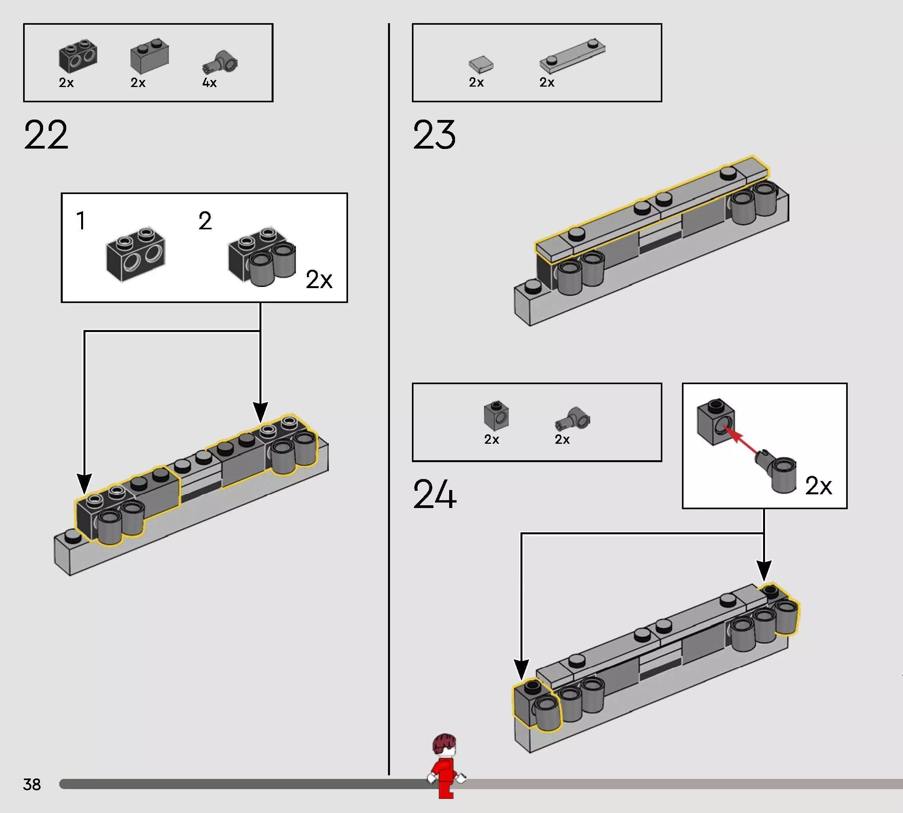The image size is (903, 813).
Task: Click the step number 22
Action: coord(46,134)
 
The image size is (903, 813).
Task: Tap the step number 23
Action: coord(434,134)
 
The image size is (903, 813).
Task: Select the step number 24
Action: coord(435,494)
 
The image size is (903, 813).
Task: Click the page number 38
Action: coord(32,784)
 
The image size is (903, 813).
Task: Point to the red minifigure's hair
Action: coord(444,743)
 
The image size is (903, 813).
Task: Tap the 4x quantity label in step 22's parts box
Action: coord(209,83)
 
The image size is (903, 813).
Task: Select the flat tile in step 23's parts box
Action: coord(481,65)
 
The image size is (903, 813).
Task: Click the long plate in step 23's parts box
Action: coord(573,56)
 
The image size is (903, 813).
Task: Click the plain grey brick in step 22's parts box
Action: coord(150,56)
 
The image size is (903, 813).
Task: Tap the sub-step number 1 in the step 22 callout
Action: coord(81,221)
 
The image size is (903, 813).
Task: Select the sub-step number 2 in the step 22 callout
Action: coord(205,221)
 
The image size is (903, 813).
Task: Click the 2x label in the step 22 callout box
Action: coord(319,279)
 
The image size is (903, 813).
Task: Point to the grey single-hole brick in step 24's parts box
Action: coord(496,416)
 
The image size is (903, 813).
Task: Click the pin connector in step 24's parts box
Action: coord(573,419)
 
